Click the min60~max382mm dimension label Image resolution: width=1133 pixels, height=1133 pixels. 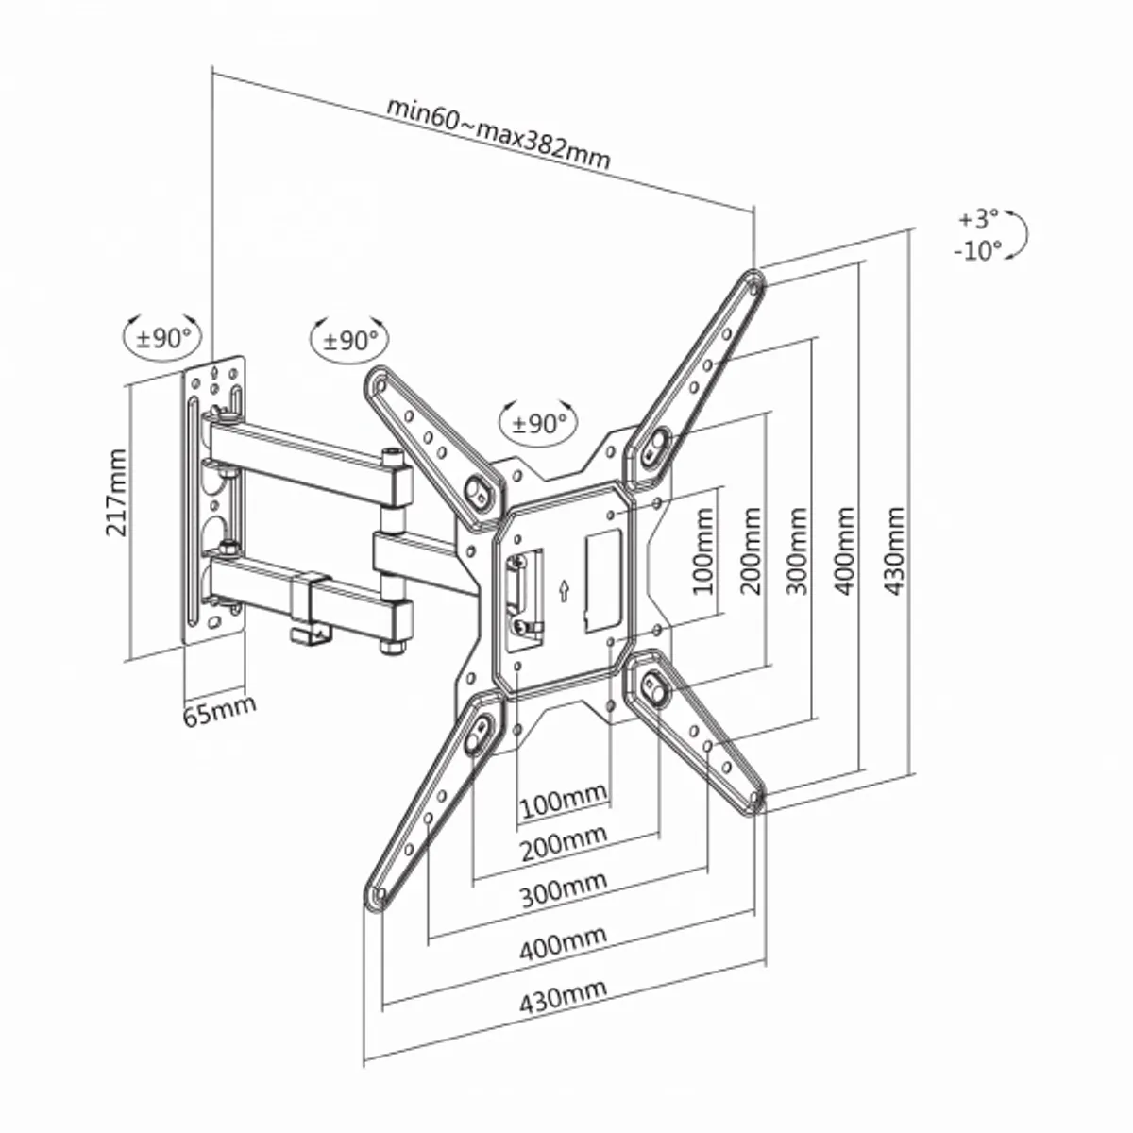pyautogui.click(x=498, y=132)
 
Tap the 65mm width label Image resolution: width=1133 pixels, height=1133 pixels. pyautogui.click(x=218, y=710)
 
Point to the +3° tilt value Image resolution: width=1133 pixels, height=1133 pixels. pyautogui.click(x=978, y=219)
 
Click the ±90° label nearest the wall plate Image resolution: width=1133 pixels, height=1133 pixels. pyautogui.click(x=163, y=337)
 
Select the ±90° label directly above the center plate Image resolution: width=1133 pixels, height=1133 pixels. pyautogui.click(x=539, y=424)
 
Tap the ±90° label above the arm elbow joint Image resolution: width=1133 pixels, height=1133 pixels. pyautogui.click(x=349, y=339)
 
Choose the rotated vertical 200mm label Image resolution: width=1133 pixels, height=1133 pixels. pyautogui.click(x=752, y=550)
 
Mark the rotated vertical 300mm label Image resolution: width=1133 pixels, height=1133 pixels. pyautogui.click(x=799, y=550)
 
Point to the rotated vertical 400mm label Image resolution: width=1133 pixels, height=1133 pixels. pyautogui.click(x=846, y=550)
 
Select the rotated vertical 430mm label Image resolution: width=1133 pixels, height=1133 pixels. pyautogui.click(x=893, y=550)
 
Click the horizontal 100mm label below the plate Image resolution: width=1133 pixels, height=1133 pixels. pyautogui.click(x=563, y=803)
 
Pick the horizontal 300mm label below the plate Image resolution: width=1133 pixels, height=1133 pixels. pyautogui.click(x=564, y=889)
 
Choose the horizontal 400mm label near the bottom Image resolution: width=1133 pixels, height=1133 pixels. pyautogui.click(x=563, y=943)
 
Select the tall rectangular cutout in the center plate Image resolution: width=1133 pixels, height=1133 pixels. pyautogui.click(x=602, y=580)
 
